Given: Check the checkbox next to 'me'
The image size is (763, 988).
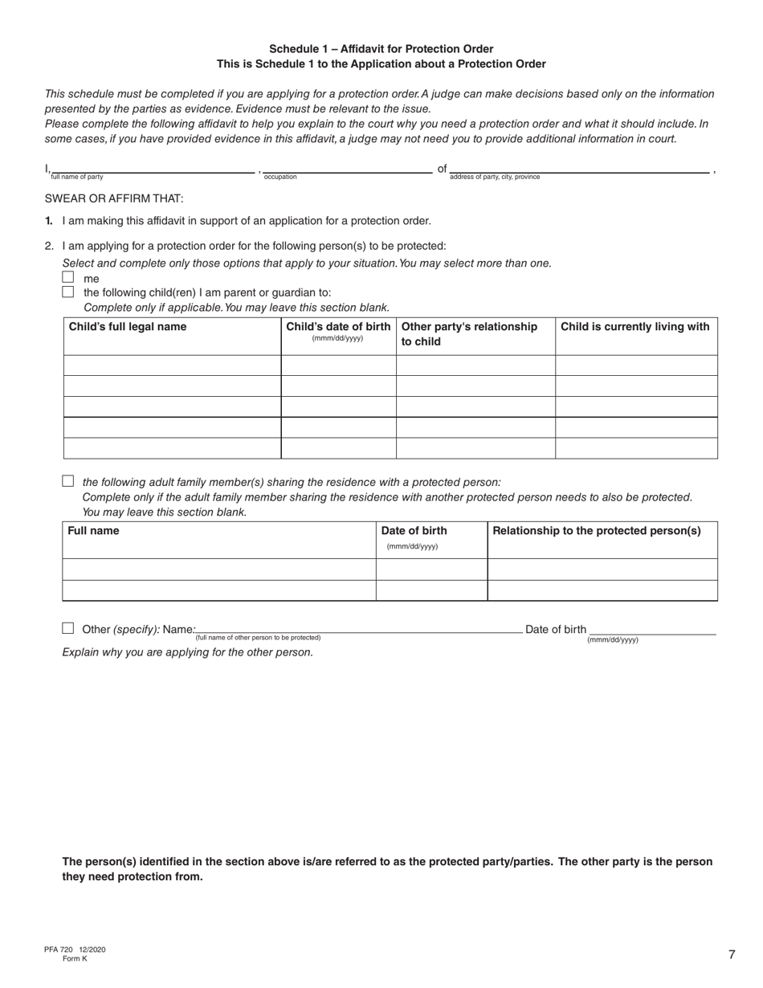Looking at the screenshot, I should pos(68,277).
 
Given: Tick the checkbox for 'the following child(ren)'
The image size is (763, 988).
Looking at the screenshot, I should pos(68,292).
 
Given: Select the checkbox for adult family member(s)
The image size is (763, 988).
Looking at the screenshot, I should pos(68,481).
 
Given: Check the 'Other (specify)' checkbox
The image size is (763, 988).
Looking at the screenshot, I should pos(68,628).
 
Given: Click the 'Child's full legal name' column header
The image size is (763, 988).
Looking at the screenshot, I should pos(128,327).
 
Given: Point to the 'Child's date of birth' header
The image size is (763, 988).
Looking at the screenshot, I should pos(338,327).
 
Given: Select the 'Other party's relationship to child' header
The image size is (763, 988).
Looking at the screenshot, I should pos(469,333).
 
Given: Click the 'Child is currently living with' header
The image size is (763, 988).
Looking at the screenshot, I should pos(635,327).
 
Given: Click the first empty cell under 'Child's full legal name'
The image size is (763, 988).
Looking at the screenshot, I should pos(172,365).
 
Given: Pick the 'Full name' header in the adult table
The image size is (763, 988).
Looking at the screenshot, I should pos(94,531).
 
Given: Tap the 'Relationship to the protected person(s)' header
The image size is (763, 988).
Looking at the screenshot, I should pos(597,531).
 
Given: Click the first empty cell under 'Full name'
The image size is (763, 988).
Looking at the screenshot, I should pos(218,569).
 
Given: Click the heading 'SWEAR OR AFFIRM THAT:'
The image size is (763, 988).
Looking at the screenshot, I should pos(114,198).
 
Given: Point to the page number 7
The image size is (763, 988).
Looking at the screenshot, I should pos(732,954).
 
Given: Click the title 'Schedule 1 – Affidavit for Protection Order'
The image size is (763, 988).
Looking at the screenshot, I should pos(381,49).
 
